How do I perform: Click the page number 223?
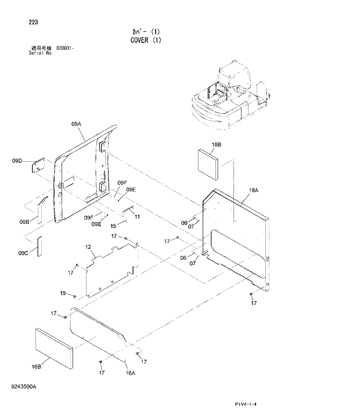point(33,23)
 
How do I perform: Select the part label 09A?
point(76,124)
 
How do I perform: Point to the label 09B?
point(24,222)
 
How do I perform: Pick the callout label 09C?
point(23,252)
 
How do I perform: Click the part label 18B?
point(217,144)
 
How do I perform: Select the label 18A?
point(254,190)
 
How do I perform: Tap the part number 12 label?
point(89,248)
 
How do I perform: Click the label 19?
point(64,292)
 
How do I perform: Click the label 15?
point(113,226)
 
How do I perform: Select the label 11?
point(138,216)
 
